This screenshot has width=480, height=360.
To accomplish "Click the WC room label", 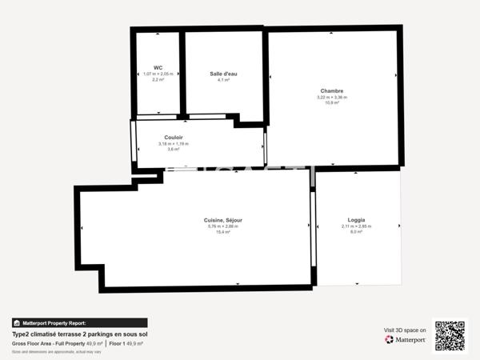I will point(158,68).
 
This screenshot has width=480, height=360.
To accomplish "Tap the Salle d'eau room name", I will point(223,74).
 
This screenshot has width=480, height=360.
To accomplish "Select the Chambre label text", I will point(332,91).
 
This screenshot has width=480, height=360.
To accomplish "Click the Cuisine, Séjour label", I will point(223,220).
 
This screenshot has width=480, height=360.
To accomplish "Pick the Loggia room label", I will point(356,220).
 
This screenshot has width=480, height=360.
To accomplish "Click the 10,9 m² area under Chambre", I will point(332,103).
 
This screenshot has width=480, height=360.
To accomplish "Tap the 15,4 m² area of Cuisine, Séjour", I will point(223,232).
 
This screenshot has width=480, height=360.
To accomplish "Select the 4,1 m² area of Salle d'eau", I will point(223,80).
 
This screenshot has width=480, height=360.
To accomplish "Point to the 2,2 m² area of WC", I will point(158,80).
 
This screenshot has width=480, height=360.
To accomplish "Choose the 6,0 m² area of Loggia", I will point(356,232).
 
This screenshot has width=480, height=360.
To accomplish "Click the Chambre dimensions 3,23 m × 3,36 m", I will point(332,98).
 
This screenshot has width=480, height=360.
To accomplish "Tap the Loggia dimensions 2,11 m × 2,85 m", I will point(356,226).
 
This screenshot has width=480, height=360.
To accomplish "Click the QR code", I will point(450,336).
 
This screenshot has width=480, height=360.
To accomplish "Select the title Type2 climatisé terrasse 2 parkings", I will point(80,334).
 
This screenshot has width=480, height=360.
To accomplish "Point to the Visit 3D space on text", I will point(405,330).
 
